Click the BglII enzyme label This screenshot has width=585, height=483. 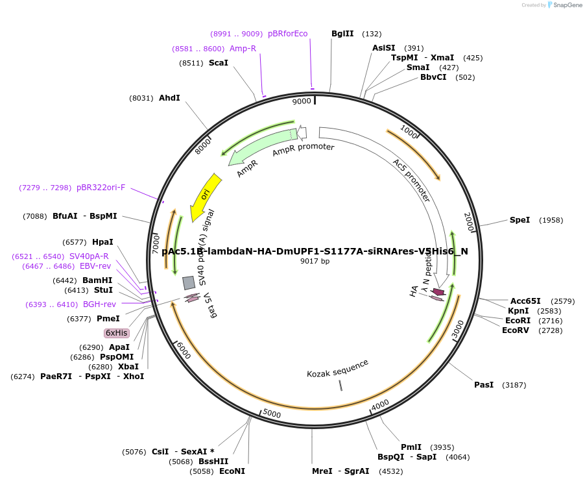342,34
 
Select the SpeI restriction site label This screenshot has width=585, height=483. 519,220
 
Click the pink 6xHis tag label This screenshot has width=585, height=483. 117,333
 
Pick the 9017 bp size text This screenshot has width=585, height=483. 315,262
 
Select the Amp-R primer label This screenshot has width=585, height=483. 243,49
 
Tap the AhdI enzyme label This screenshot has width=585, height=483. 169,98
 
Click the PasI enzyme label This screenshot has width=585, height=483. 484,385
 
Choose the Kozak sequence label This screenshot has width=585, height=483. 338,368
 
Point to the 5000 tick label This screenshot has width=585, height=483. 272,414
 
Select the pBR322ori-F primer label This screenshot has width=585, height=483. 101,188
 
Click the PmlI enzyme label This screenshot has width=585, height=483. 411,447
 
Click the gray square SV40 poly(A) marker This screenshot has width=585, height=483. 189,282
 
